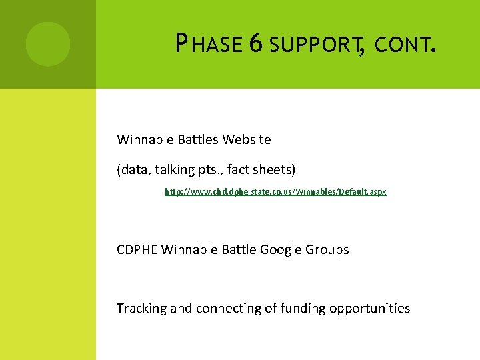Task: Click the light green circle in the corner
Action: coord(48,44)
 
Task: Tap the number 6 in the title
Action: coord(255,44)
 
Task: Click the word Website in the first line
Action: coord(247,140)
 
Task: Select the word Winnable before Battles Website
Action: coord(145,140)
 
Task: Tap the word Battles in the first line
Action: coord(198,140)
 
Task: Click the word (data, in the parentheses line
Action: coord(135,170)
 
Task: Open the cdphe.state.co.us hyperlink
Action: coord(275,192)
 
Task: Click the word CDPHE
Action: coord(137,250)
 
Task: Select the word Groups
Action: coord(327,250)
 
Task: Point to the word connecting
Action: coord(223,309)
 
